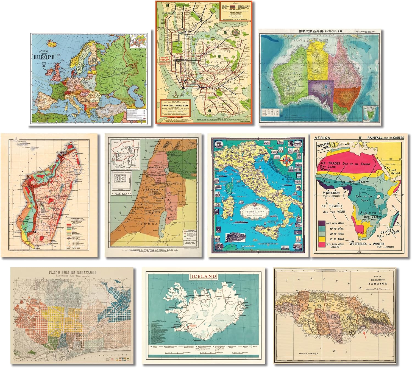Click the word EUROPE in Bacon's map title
tap(44, 57)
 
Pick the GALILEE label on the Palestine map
tap(156, 167)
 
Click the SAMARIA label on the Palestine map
tap(157, 189)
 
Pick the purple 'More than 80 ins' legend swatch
tap(321, 223)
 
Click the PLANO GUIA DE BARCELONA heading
tap(73, 272)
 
